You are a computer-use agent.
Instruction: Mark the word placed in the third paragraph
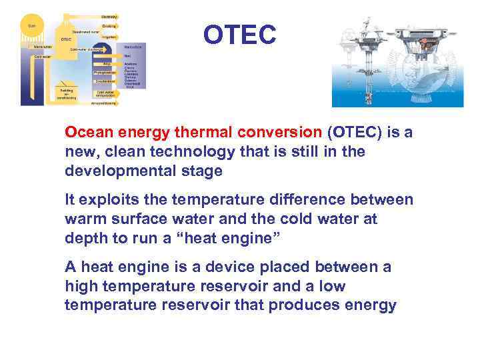(x=294, y=267)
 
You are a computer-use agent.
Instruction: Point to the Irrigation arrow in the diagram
(x=109, y=37)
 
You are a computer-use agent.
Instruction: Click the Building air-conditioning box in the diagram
(x=67, y=93)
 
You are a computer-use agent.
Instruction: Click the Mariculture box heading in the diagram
(x=133, y=47)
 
